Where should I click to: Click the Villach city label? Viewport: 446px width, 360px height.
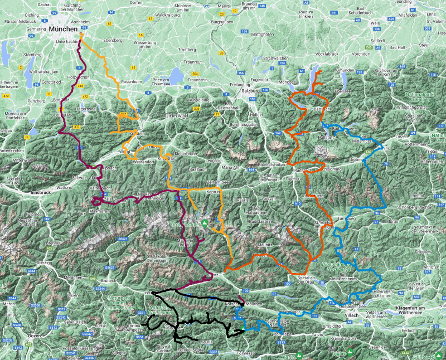coord(352,315)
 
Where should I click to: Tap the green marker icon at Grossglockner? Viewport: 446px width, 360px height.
coord(205,224)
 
